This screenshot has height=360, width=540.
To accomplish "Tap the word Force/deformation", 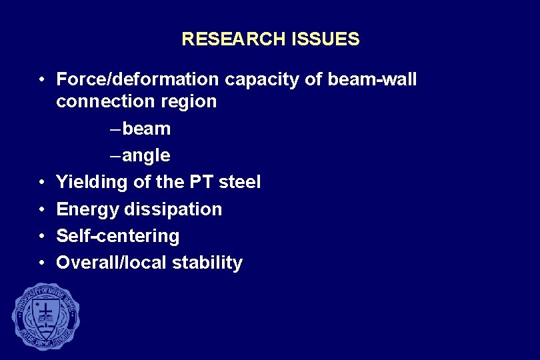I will pyautogui.click(x=137, y=80).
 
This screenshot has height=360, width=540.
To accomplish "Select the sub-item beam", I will pyautogui.click(x=146, y=129).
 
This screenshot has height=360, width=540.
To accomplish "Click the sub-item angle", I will pyautogui.click(x=146, y=156).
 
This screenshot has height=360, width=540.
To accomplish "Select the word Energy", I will pyautogui.click(x=85, y=209).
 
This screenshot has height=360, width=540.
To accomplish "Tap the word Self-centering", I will pyautogui.click(x=118, y=236).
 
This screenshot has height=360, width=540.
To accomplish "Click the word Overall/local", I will pyautogui.click(x=111, y=263).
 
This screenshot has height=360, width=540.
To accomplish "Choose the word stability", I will pyautogui.click(x=207, y=263).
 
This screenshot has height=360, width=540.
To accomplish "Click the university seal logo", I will pyautogui.click(x=45, y=316).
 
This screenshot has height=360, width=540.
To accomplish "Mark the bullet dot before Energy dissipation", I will pyautogui.click(x=41, y=209).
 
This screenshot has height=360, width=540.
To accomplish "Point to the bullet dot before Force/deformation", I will pyautogui.click(x=41, y=80).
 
